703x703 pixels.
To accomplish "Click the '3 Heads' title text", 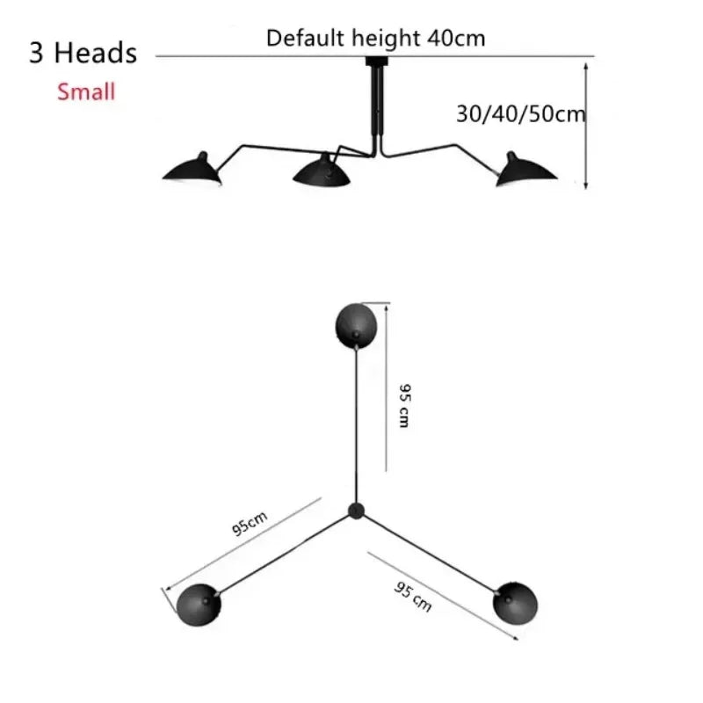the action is [x=83, y=53].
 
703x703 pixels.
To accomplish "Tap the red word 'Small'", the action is [x=86, y=92].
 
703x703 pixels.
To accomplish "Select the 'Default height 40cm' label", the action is [x=376, y=38].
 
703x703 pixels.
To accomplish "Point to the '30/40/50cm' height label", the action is [x=520, y=114].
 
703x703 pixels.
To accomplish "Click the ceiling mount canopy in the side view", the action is [x=376, y=61].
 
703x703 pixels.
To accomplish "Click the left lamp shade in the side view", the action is [x=192, y=169].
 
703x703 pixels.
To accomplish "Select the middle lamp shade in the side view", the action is [x=322, y=170].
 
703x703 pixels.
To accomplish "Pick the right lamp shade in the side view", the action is [x=525, y=169].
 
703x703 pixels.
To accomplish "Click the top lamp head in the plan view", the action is [x=356, y=326].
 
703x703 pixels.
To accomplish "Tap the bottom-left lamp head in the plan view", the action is [x=199, y=605].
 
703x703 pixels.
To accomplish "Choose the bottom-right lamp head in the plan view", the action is [x=515, y=604].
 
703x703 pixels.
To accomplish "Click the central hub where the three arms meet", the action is [x=356, y=511].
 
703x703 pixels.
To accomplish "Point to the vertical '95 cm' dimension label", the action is [x=404, y=406].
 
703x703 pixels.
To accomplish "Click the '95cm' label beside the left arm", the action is [x=250, y=523].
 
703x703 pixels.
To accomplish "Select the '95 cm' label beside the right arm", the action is [x=413, y=597].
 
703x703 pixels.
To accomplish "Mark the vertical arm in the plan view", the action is [x=357, y=425].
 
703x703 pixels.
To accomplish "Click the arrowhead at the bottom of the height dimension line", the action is [x=586, y=185].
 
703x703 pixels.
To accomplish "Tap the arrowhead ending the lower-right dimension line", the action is [x=516, y=638].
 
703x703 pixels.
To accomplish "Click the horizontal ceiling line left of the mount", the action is [x=260, y=56].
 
